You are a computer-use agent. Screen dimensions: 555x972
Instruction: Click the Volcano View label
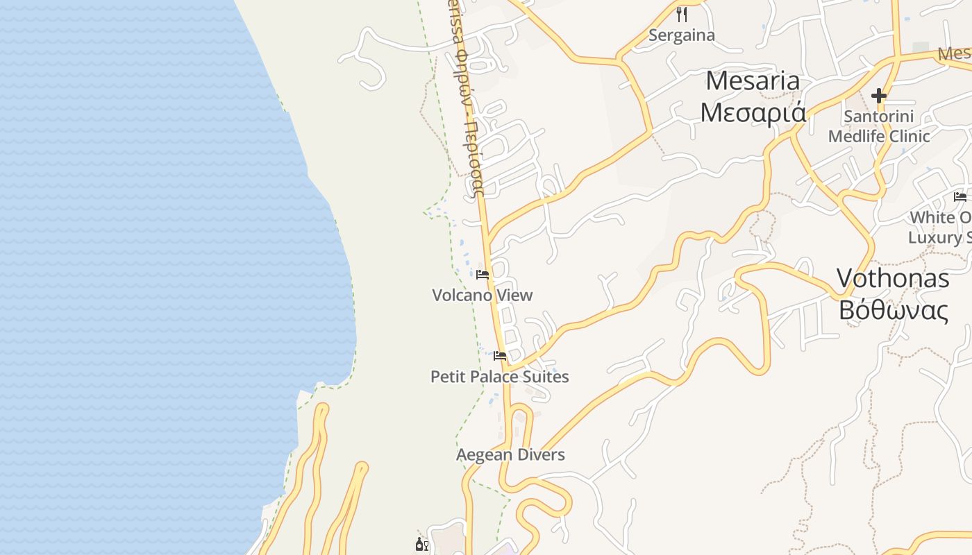coord(483,295)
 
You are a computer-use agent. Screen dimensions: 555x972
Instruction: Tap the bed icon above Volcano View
coord(483,275)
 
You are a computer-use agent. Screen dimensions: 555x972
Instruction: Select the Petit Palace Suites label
coord(500,377)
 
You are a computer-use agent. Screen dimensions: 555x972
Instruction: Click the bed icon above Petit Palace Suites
coord(500,357)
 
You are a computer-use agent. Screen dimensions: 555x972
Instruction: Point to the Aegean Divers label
coord(510,455)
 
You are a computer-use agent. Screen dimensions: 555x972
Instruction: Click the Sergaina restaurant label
coord(681,35)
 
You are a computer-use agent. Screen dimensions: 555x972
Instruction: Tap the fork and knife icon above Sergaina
coord(682,14)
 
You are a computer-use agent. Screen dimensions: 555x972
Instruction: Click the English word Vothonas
coord(893,278)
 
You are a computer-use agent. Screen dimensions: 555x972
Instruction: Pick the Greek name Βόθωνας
coord(893,310)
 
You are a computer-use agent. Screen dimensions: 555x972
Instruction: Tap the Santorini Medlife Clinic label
coord(879,126)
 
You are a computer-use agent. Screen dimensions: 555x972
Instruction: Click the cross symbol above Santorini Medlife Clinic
coord(879,95)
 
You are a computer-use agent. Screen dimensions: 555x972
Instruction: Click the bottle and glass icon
coord(421,544)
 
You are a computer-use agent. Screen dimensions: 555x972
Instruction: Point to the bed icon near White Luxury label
coord(960,197)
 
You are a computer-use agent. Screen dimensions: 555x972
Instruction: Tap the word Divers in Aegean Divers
coord(541,455)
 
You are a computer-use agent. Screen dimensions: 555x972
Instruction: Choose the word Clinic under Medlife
coord(906,136)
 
